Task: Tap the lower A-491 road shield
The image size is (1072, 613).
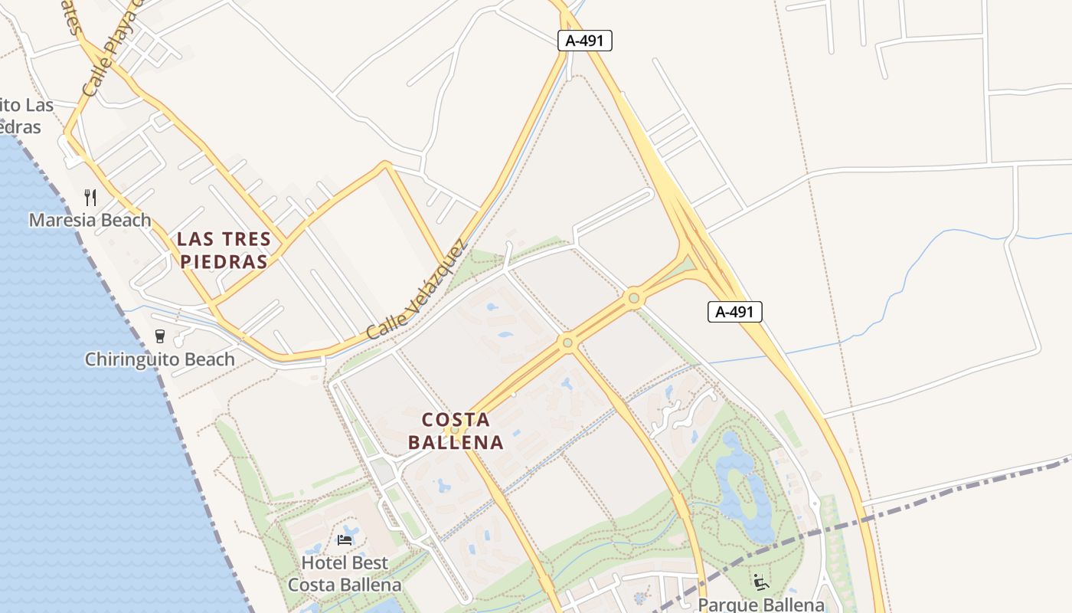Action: pyautogui.click(x=735, y=312)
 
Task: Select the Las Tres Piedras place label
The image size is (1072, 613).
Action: pyautogui.click(x=224, y=250)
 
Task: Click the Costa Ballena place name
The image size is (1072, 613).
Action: pyautogui.click(x=456, y=431)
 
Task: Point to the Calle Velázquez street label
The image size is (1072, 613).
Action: pyautogui.click(x=416, y=291)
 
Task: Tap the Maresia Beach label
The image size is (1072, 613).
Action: pyautogui.click(x=90, y=221)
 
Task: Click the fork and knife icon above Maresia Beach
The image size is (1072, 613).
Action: pyautogui.click(x=90, y=198)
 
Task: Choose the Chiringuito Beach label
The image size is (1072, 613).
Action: pyautogui.click(x=160, y=359)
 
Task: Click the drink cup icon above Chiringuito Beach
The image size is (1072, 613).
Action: pyautogui.click(x=160, y=336)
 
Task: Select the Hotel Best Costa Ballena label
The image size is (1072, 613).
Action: pyautogui.click(x=345, y=574)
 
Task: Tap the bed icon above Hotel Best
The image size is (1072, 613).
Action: pyautogui.click(x=345, y=540)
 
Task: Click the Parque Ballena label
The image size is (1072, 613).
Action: pyautogui.click(x=761, y=605)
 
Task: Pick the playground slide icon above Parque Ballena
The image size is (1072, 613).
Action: pyautogui.click(x=761, y=582)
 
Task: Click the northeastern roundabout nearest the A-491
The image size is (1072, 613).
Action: pyautogui.click(x=633, y=298)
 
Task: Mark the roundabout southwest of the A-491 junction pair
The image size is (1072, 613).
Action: pyautogui.click(x=567, y=343)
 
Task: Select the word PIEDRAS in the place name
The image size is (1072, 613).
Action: pyautogui.click(x=224, y=262)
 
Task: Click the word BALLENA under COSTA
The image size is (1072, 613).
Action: pyautogui.click(x=456, y=442)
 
